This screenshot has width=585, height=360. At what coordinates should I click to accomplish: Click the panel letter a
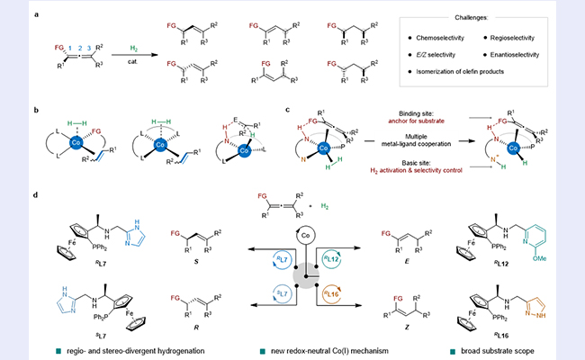pos(35,15)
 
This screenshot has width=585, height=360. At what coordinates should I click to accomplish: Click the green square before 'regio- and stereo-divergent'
pos(85,347)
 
